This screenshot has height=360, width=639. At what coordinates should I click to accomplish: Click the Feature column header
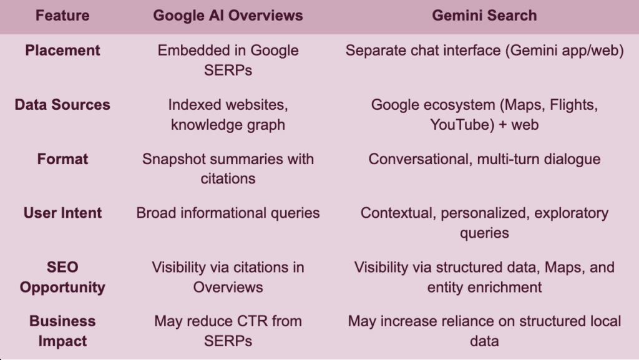pyautogui.click(x=62, y=16)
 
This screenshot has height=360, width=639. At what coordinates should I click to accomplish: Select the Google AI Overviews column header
pyautogui.click(x=228, y=16)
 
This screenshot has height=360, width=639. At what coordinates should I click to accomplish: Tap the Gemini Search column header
pyautogui.click(x=484, y=16)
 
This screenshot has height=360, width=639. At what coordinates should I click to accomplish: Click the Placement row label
pyautogui.click(x=62, y=51)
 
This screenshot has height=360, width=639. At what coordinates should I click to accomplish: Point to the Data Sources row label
pyautogui.click(x=62, y=105)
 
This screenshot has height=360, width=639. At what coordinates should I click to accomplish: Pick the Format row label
pyautogui.click(x=62, y=159)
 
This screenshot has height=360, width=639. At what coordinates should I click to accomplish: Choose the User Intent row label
pyautogui.click(x=62, y=213)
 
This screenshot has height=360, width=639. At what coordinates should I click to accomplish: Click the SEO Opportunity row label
pyautogui.click(x=62, y=277)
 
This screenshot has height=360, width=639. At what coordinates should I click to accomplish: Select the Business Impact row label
pyautogui.click(x=62, y=331)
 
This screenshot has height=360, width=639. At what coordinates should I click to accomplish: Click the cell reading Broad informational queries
pyautogui.click(x=228, y=213)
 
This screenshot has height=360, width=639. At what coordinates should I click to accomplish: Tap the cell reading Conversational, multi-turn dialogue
pyautogui.click(x=484, y=159)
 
